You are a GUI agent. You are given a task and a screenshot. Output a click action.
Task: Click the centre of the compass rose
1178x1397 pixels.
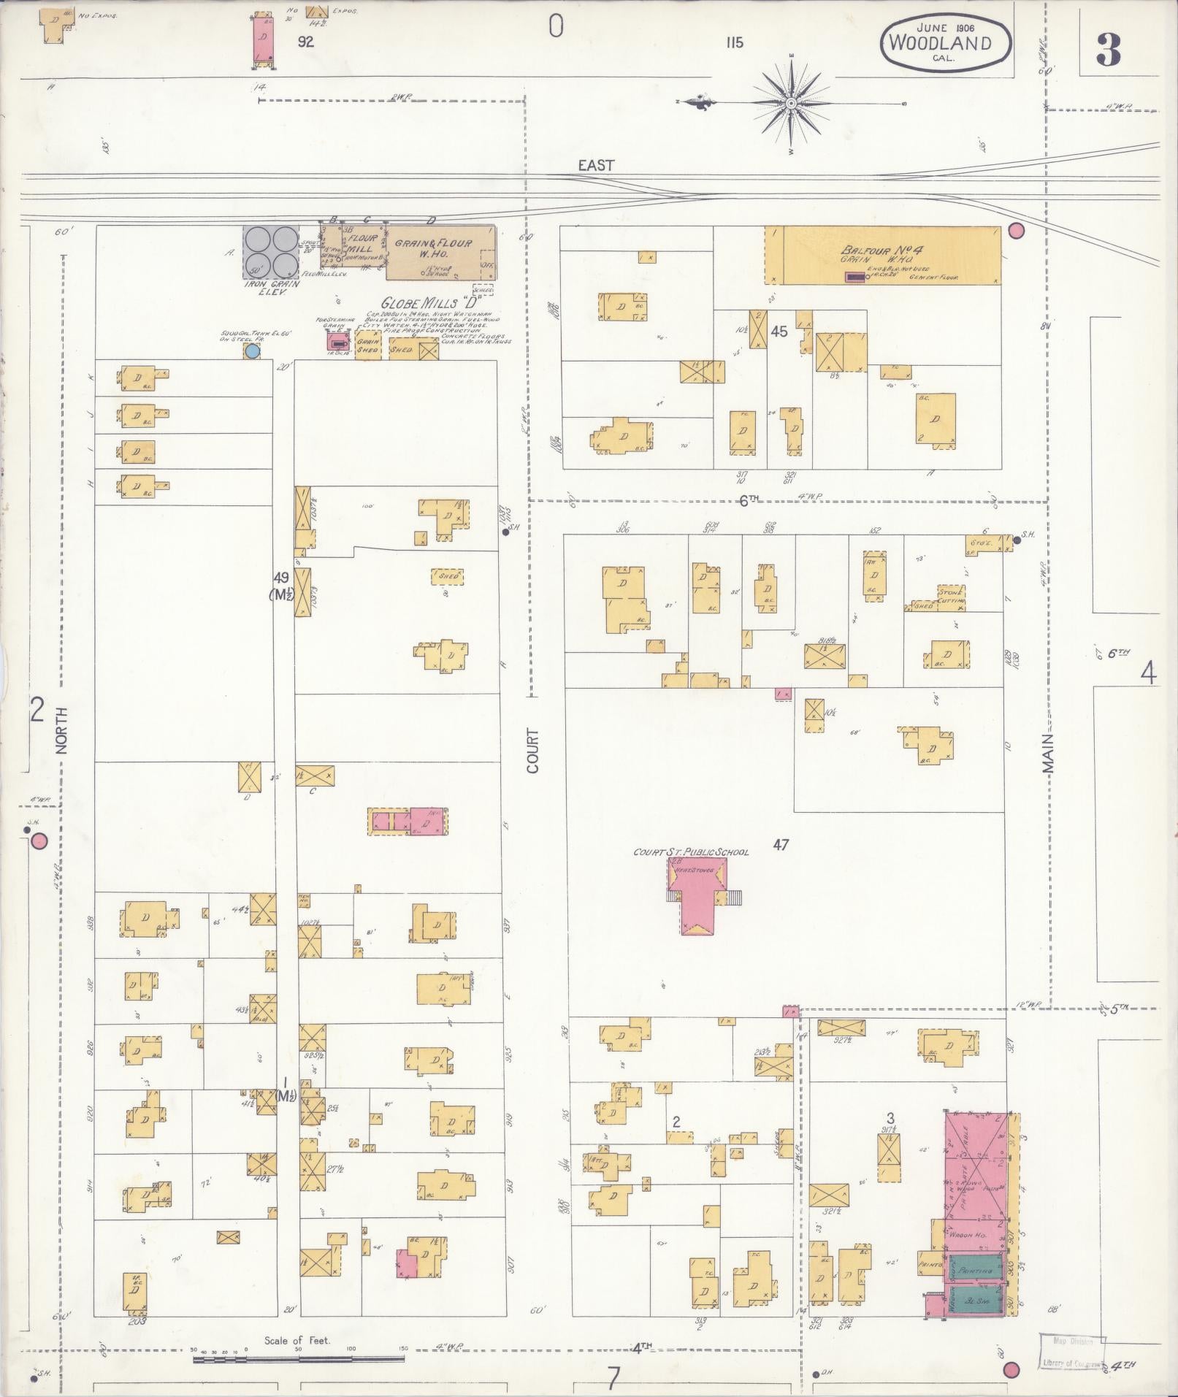pos(791,104)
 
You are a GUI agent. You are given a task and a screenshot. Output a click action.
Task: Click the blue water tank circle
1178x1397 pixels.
pos(253,351)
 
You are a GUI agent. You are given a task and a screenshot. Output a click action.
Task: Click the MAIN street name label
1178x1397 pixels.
pos(1049,753)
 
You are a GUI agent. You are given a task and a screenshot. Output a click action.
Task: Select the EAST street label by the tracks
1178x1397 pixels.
pos(596,165)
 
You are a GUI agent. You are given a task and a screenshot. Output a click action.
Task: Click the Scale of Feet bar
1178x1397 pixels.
pos(298,1359)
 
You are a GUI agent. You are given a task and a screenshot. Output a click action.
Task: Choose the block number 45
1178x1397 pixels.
pos(779,332)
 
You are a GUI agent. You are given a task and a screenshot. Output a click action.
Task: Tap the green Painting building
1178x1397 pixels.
pos(976,1271)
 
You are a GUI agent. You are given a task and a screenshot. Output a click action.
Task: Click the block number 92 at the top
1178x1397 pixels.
pos(305,42)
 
